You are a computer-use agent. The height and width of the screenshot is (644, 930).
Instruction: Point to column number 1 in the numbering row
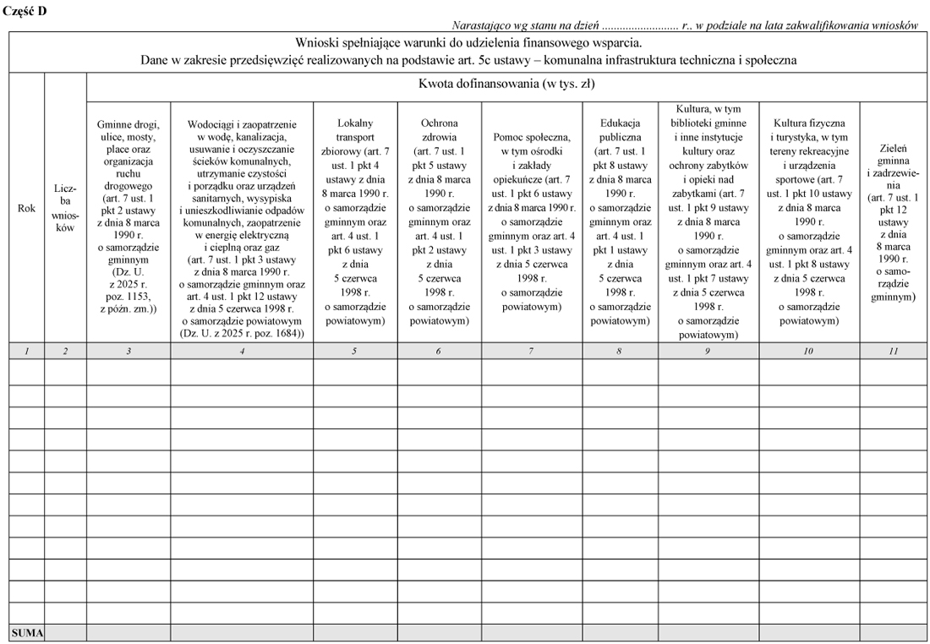(26, 351)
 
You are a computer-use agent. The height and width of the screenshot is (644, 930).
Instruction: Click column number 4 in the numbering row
(242, 351)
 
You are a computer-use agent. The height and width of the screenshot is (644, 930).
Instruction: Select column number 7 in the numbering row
(532, 351)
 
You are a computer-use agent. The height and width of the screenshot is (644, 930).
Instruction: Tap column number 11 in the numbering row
(894, 351)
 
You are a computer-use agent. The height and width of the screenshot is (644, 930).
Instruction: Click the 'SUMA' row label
(27, 632)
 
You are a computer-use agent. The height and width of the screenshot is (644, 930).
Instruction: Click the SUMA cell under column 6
(439, 632)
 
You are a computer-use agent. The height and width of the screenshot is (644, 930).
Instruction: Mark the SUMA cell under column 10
(809, 632)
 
